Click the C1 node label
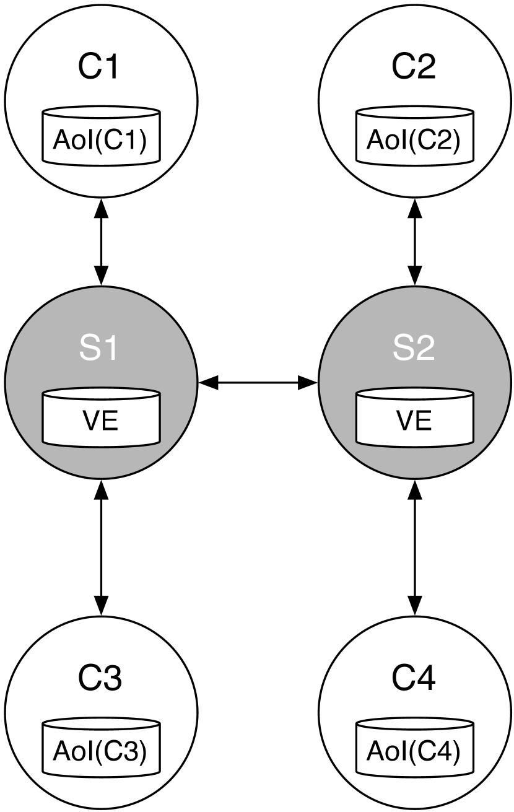click(x=100, y=68)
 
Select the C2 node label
click(x=414, y=68)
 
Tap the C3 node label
click(x=100, y=679)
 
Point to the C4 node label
click(x=414, y=679)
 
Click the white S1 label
click(x=100, y=349)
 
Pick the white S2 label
click(x=414, y=349)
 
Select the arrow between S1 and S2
click(x=258, y=383)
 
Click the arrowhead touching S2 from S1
click(x=308, y=383)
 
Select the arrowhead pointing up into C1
click(x=101, y=209)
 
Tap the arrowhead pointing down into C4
click(x=414, y=606)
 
